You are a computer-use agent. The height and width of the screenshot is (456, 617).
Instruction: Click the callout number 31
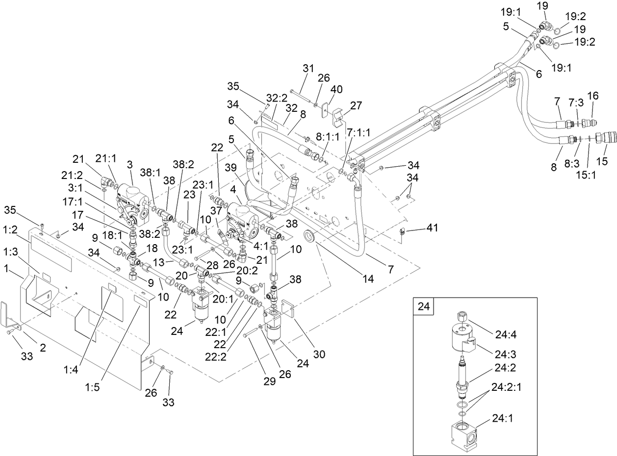tap(308, 69)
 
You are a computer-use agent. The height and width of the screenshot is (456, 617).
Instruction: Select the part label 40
tap(336, 89)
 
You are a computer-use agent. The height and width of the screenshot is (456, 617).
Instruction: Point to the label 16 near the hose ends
tap(592, 97)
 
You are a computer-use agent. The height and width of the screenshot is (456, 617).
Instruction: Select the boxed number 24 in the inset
tap(424, 307)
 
